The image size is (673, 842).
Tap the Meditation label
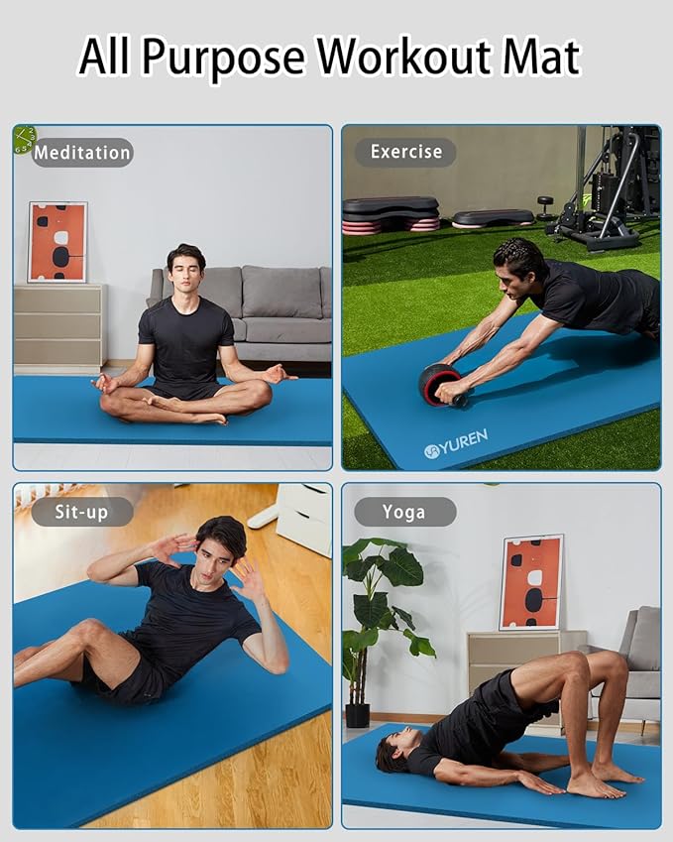click(82, 153)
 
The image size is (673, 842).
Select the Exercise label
click(405, 152)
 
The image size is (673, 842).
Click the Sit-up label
click(81, 512)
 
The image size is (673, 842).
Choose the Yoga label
click(404, 512)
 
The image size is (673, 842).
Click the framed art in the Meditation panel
click(57, 242)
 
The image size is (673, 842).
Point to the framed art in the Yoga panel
click(531, 582)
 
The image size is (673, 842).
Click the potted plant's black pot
click(358, 714)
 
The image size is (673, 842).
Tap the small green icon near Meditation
click(24, 140)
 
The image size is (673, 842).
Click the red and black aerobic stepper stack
click(390, 214)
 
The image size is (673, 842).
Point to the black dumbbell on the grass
click(545, 206)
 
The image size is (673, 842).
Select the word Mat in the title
click(540, 57)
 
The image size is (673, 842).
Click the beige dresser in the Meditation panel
click(59, 326)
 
